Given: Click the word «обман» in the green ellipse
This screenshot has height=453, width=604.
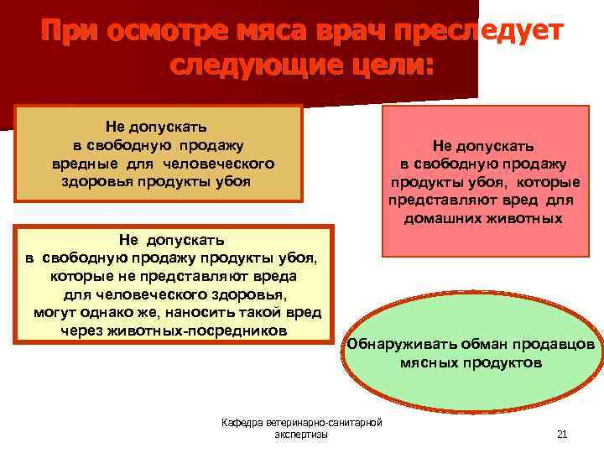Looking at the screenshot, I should tap(476, 345).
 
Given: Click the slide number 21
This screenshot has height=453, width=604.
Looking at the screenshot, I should tap(562, 434).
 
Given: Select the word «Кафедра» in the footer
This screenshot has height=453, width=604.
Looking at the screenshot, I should tap(242, 422).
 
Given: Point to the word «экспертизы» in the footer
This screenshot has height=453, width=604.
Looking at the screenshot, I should tap(300, 434).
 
